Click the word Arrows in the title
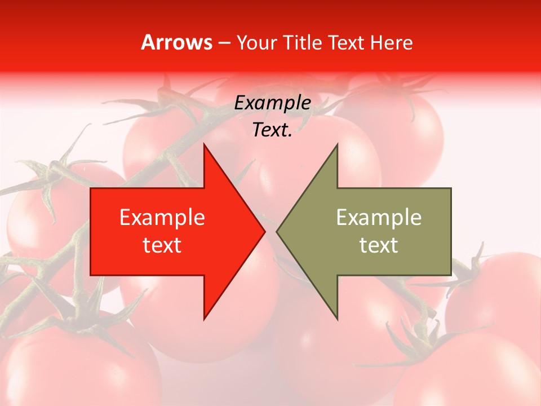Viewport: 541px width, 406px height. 176,43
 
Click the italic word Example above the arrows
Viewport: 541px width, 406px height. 272,103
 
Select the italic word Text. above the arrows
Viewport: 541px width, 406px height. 272,130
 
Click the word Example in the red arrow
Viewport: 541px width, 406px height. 162,218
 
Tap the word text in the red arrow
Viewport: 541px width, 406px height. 162,245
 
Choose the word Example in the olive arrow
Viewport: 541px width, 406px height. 379,218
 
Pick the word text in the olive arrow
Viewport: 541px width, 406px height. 379,245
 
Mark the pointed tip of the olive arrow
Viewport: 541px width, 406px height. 278,231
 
